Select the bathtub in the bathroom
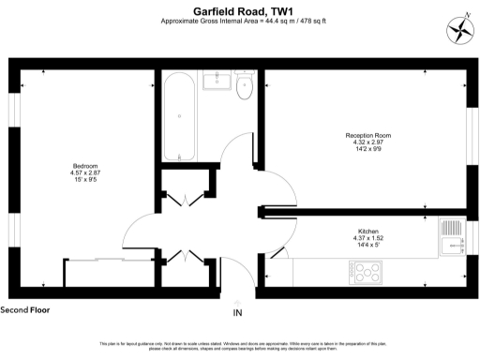(x=180, y=117)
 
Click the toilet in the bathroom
(x=245, y=86)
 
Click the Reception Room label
(x=367, y=136)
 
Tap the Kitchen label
(x=367, y=231)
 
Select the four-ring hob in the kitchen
(x=367, y=273)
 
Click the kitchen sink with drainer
(x=454, y=237)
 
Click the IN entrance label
(x=238, y=312)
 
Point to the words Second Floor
(x=25, y=308)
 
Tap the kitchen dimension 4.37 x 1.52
(x=367, y=238)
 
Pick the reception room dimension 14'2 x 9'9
(x=367, y=151)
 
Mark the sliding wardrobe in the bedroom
(x=103, y=273)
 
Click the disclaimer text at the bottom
(x=239, y=348)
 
